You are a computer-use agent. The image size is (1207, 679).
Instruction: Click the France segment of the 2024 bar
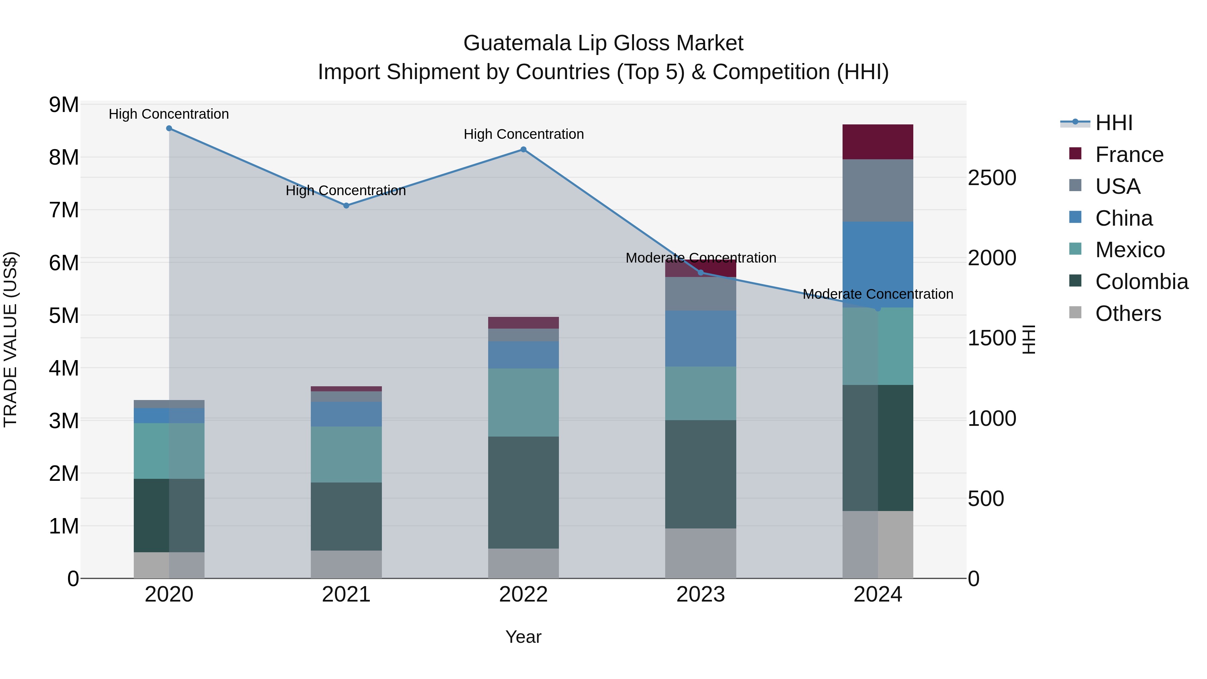pyautogui.click(x=878, y=142)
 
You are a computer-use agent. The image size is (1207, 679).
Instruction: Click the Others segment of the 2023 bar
pyautogui.click(x=700, y=553)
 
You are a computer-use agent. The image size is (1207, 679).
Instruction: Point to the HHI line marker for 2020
pyautogui.click(x=169, y=128)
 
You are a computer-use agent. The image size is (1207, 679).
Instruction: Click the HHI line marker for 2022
pyautogui.click(x=523, y=150)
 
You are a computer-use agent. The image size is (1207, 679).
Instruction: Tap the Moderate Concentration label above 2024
pyautogui.click(x=878, y=294)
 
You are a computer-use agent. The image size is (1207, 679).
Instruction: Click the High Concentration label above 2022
pyautogui.click(x=523, y=134)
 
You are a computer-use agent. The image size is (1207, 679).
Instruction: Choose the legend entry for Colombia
pyautogui.click(x=1141, y=282)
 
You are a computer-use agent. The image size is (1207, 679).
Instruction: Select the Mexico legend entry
pyautogui.click(x=1129, y=250)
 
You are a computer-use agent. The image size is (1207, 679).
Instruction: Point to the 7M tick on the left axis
pyautogui.click(x=64, y=210)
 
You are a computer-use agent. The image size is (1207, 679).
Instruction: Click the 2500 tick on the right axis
pyautogui.click(x=991, y=178)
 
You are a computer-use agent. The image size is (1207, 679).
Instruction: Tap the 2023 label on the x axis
pyautogui.click(x=700, y=595)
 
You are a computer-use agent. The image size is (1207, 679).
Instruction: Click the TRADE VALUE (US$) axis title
pyautogui.click(x=10, y=339)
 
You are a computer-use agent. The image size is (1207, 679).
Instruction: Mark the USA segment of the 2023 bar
pyautogui.click(x=700, y=294)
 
